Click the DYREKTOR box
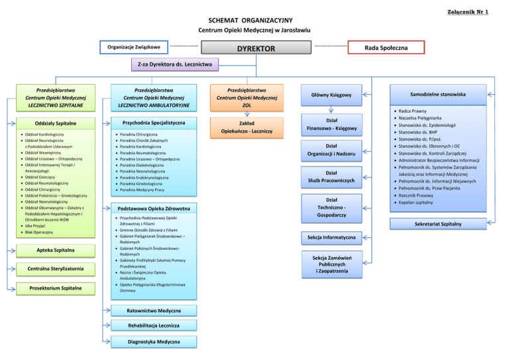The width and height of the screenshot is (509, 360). (256, 48)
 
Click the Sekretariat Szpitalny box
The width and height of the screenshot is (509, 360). (439, 224)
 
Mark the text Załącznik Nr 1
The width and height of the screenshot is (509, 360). (469, 12)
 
